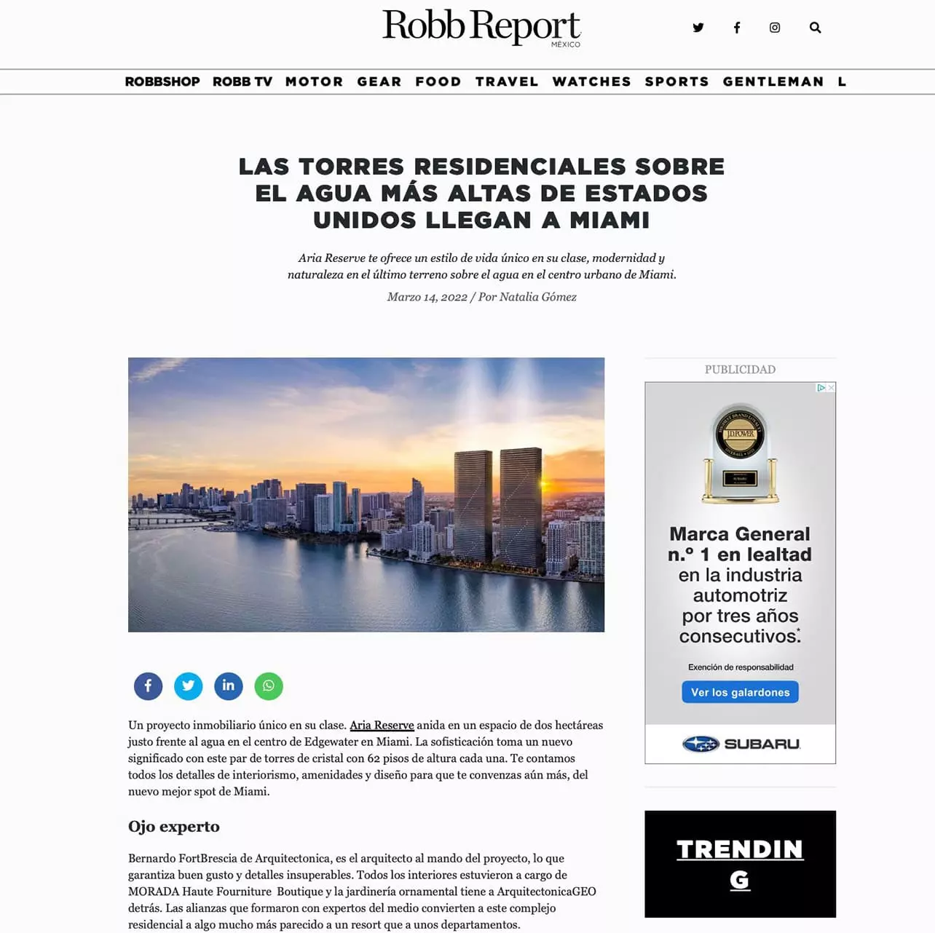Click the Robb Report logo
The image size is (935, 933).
tap(481, 27)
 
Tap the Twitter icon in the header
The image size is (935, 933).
tap(698, 28)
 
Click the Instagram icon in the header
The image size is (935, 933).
tap(775, 28)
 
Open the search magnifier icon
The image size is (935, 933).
tap(815, 28)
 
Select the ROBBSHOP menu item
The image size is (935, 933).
tap(162, 82)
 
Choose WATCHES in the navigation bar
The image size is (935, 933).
tap(591, 82)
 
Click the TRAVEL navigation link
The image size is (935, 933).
tap(507, 82)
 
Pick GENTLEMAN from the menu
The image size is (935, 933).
tap(773, 82)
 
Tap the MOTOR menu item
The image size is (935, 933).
tap(314, 82)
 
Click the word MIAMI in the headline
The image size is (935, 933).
tap(609, 220)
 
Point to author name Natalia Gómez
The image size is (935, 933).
tap(537, 297)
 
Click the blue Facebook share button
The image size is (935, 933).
tap(148, 686)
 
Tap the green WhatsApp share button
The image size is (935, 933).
tap(269, 686)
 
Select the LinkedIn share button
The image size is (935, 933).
tap(229, 686)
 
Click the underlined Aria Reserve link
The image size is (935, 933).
tap(382, 725)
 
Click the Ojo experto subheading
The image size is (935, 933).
tap(174, 826)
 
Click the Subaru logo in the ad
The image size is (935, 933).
tap(741, 744)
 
